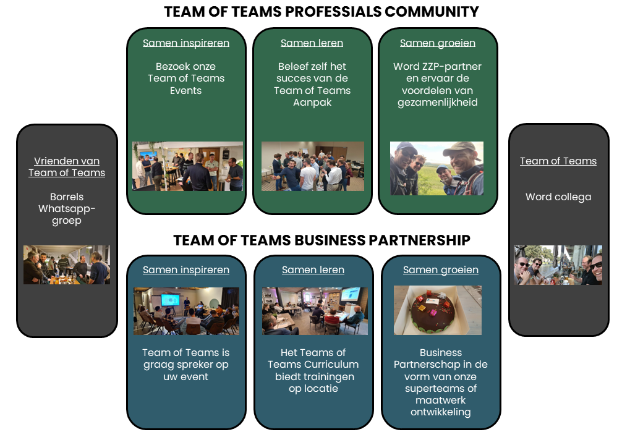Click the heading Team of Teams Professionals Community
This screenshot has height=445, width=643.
pyautogui.click(x=321, y=12)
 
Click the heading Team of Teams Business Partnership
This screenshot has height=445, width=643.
pyautogui.click(x=321, y=240)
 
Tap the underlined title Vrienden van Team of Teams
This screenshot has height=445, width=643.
pyautogui.click(x=67, y=167)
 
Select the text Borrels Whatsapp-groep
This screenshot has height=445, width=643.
pyautogui.click(x=67, y=208)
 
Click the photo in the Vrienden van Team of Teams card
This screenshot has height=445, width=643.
pyautogui.click(x=67, y=265)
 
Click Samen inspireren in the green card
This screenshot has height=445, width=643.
pyautogui.click(x=186, y=43)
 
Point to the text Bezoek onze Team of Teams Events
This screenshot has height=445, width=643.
pyautogui.click(x=186, y=78)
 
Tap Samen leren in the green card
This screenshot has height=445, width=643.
pyautogui.click(x=312, y=43)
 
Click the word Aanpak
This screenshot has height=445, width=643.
pyautogui.click(x=312, y=102)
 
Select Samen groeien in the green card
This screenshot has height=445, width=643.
pyautogui.click(x=438, y=43)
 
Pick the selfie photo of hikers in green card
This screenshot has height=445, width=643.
pyautogui.click(x=436, y=168)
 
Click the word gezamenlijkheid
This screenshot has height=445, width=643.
pyautogui.click(x=438, y=102)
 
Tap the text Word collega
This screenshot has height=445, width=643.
pyautogui.click(x=558, y=197)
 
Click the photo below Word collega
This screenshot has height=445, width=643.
pyautogui.click(x=558, y=265)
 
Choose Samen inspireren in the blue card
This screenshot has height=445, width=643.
pyautogui.click(x=186, y=269)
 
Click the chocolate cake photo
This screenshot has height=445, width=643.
pyautogui.click(x=438, y=310)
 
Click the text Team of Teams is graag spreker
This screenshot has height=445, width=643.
pyautogui.click(x=186, y=358)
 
